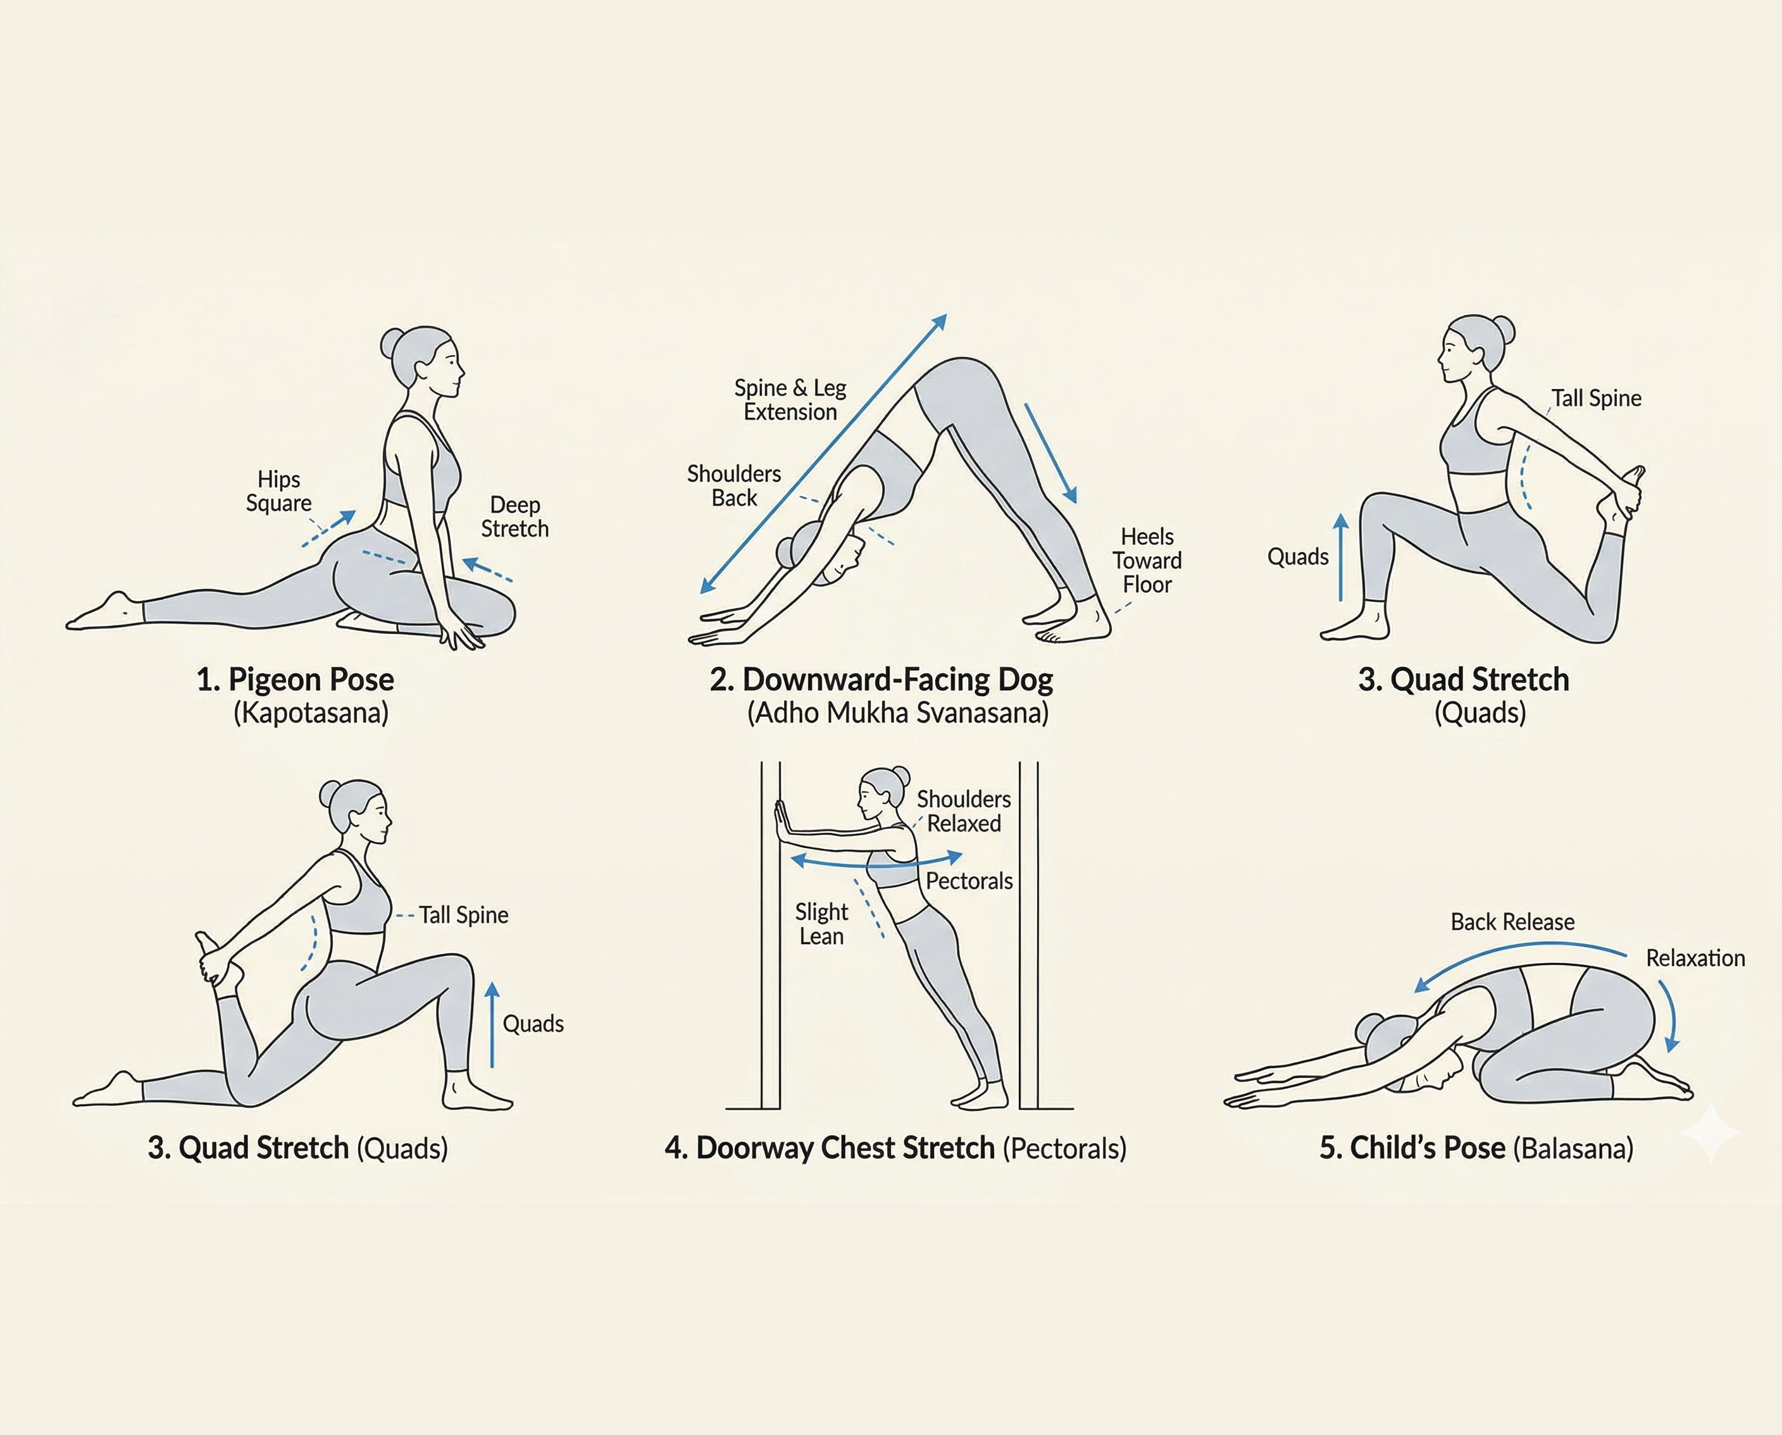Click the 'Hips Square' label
click(278, 491)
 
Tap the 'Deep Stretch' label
click(515, 517)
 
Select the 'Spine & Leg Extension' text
click(790, 400)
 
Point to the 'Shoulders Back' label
click(734, 486)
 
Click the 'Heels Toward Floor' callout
click(1147, 561)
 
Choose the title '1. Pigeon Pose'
click(295, 680)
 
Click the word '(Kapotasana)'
click(311, 713)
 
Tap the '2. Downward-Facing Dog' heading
click(881, 680)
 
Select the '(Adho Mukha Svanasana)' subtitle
click(897, 713)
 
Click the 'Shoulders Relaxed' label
click(964, 811)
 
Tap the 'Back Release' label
click(1512, 922)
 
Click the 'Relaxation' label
click(1695, 958)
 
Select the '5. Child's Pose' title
click(1412, 1148)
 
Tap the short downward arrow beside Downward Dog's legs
click(1050, 453)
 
